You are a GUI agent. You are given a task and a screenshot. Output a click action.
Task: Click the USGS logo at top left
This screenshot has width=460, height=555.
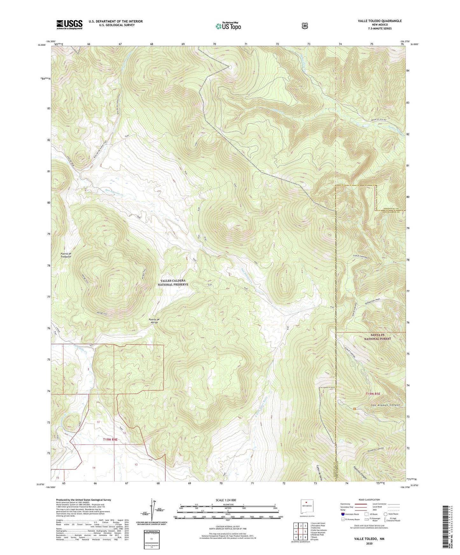point(69,24)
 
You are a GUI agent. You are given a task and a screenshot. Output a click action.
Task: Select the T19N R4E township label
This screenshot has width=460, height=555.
point(110,440)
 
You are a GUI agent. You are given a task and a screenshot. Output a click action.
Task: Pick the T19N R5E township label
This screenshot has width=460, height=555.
point(373,394)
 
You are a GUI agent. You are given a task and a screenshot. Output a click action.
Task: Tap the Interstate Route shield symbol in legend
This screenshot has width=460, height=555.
point(343,514)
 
